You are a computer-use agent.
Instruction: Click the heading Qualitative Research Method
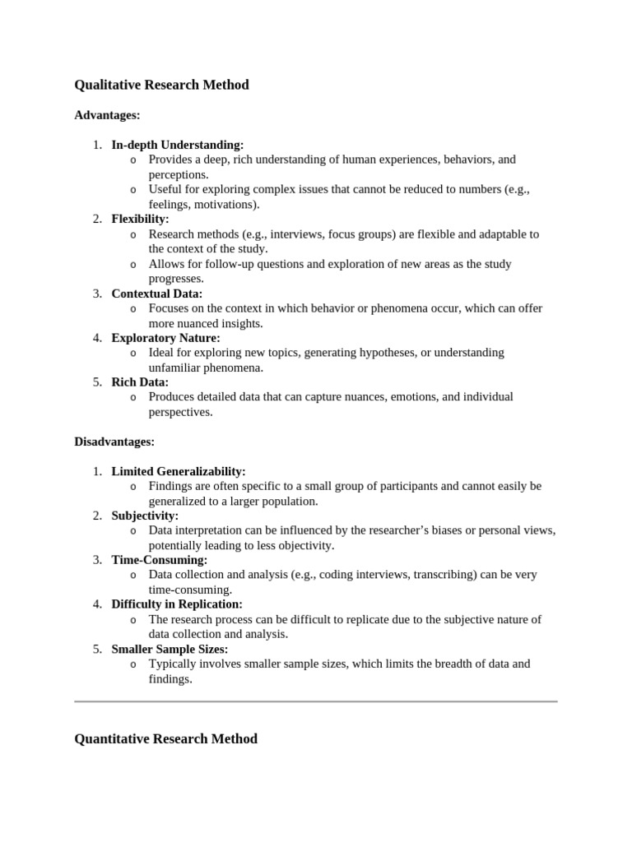161,85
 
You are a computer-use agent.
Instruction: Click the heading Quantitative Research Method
165,738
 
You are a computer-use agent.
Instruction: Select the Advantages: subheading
107,115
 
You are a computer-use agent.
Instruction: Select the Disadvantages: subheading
114,442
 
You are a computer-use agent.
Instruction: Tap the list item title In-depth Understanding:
178,145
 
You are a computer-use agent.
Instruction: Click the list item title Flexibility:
140,219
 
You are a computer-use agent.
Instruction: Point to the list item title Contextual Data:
156,293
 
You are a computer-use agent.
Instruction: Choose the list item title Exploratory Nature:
165,337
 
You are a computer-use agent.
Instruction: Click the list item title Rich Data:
140,382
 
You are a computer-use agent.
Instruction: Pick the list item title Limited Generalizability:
179,471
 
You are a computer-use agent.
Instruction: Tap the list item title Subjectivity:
145,516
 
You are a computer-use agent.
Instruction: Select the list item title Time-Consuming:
160,560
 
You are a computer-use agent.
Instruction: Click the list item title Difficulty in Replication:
177,604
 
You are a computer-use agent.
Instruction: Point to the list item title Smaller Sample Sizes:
170,649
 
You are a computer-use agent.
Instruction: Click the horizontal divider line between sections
316,701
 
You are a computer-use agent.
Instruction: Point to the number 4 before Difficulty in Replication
96,604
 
